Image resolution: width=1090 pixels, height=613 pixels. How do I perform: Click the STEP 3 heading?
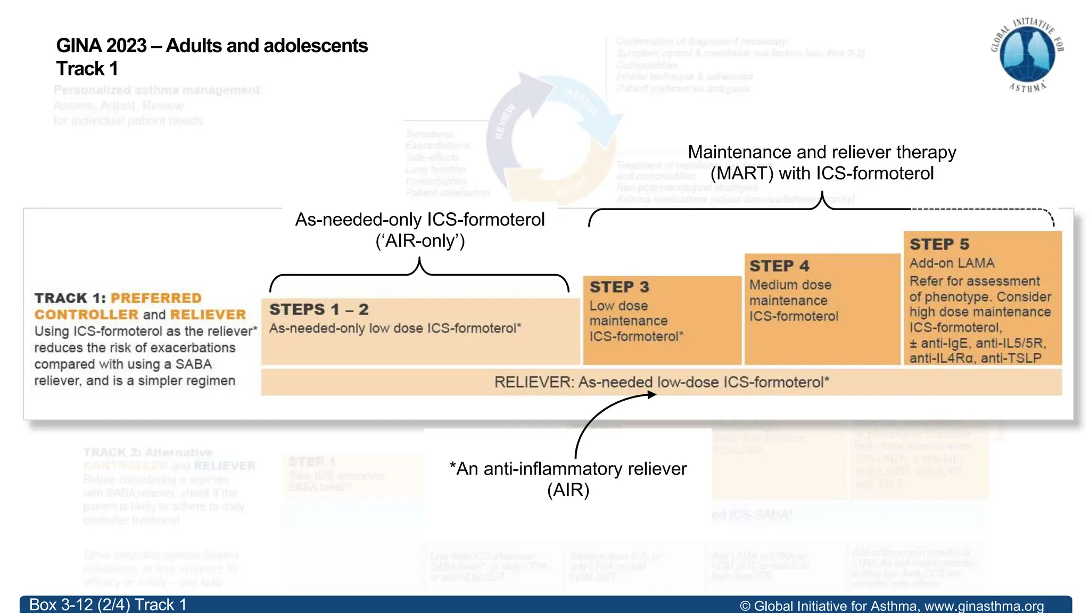coord(619,287)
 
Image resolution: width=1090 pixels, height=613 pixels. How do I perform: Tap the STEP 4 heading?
coord(779,266)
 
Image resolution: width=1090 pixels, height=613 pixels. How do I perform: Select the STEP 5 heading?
coord(939,244)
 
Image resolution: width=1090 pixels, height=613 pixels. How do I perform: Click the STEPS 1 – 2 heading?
coord(319,310)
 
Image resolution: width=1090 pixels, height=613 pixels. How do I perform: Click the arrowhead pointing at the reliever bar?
coord(651,394)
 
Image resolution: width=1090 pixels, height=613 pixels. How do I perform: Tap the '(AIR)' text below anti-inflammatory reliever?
coord(568,490)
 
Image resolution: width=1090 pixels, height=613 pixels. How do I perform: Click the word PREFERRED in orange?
coord(156,298)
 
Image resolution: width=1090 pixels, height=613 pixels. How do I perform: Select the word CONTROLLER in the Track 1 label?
coord(86,314)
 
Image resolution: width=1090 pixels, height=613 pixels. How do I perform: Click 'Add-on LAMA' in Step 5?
coord(952,263)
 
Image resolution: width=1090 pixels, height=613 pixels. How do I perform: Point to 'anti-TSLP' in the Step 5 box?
coord(1011,358)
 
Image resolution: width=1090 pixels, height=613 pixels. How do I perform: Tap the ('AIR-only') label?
coord(420,241)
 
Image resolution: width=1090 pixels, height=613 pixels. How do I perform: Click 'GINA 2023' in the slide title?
coord(101,46)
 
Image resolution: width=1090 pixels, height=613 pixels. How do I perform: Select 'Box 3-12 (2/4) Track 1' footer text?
coord(108,605)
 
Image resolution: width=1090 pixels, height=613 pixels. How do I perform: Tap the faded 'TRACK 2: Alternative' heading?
coord(147,452)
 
